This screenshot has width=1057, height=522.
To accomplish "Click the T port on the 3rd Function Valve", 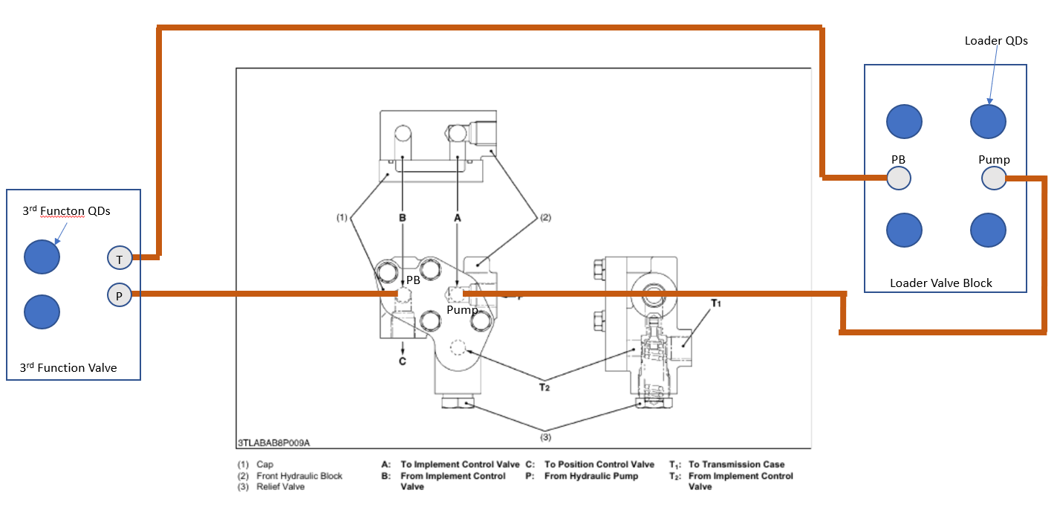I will [119, 258].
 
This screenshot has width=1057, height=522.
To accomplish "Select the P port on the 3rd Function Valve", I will [119, 295].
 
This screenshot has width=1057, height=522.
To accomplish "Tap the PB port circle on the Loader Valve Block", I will [899, 178].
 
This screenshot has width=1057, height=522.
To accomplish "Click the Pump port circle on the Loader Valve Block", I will [993, 178].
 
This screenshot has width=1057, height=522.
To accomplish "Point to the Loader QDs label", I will [995, 41].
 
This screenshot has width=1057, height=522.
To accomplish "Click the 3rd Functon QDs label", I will [66, 211].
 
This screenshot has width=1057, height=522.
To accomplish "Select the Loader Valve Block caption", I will [940, 283].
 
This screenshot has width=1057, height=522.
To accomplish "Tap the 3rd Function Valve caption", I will [68, 367].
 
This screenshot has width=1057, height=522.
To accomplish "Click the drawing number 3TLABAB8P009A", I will [274, 443].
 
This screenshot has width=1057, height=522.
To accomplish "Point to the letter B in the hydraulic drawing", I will [402, 218].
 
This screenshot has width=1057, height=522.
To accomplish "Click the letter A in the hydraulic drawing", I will [458, 218].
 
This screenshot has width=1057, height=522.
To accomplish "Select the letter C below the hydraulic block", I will [403, 361].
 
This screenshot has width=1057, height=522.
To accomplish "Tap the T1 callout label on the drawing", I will [716, 303].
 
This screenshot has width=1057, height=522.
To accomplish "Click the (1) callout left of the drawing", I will [342, 218].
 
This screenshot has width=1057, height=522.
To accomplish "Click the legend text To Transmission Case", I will [736, 465].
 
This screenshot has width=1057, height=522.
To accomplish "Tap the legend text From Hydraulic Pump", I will [591, 476].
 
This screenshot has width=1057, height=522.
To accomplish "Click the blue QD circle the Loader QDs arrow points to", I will [988, 120].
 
